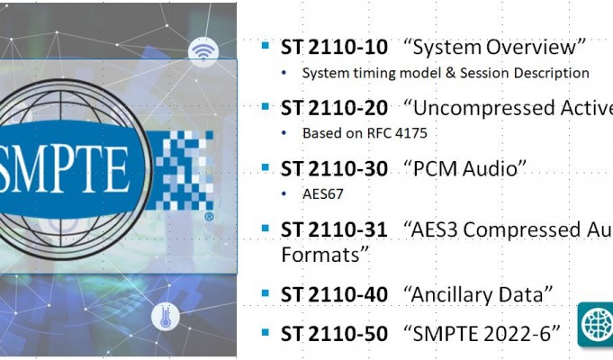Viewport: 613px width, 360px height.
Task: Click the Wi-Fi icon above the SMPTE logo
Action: [203, 52]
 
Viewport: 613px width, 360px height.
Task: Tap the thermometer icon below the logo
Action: [166, 315]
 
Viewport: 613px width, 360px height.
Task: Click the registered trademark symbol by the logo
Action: [209, 217]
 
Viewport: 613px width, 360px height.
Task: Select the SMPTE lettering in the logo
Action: [63, 169]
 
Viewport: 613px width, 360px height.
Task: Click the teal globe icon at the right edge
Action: [595, 324]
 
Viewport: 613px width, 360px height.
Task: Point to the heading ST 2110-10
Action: [334, 48]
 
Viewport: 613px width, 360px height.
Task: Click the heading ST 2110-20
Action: [334, 108]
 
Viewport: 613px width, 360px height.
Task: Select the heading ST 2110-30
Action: [334, 169]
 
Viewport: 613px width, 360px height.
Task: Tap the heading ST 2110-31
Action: [334, 229]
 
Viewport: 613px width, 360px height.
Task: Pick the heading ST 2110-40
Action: [334, 294]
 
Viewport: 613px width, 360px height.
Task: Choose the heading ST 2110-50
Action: [334, 334]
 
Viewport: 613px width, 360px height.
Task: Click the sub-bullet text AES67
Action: [323, 193]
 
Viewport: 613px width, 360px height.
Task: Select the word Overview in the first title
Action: [531, 48]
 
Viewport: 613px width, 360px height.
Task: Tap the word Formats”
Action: [325, 255]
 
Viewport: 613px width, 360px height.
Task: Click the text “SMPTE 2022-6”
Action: [482, 334]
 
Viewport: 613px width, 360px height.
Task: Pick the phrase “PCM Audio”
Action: [464, 169]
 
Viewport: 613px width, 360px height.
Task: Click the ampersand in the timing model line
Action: [451, 73]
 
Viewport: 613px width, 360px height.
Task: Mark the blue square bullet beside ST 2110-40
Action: [266, 292]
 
